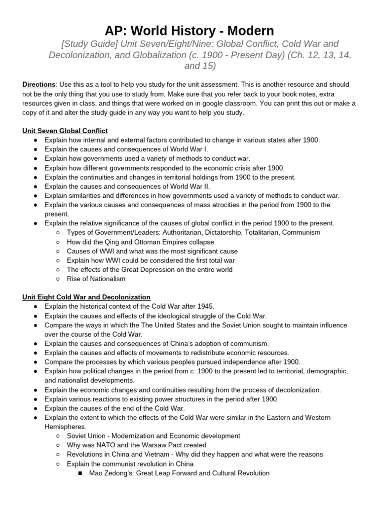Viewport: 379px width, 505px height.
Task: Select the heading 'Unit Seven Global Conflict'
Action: tap(65, 131)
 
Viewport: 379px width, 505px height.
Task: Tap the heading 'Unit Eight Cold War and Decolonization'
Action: tap(86, 297)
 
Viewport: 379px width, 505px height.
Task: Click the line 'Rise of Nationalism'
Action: tap(96, 279)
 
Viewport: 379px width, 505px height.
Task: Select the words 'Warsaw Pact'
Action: tap(154, 445)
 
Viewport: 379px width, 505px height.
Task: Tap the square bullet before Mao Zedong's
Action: tap(80, 473)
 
